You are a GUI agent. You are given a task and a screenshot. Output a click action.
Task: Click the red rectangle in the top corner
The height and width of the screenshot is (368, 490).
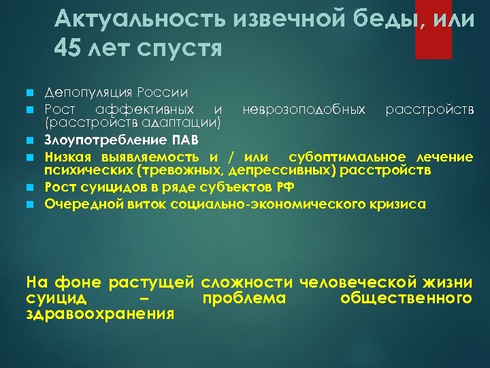[433, 29]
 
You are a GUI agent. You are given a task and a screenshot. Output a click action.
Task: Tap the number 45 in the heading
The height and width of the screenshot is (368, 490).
[65, 49]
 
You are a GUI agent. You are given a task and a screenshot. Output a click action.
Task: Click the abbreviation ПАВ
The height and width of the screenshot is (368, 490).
[185, 141]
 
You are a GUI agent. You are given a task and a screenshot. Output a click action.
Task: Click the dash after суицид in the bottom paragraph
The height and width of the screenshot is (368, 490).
[149, 298]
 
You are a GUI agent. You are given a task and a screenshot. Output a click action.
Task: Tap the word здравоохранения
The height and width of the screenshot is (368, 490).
[100, 314]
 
